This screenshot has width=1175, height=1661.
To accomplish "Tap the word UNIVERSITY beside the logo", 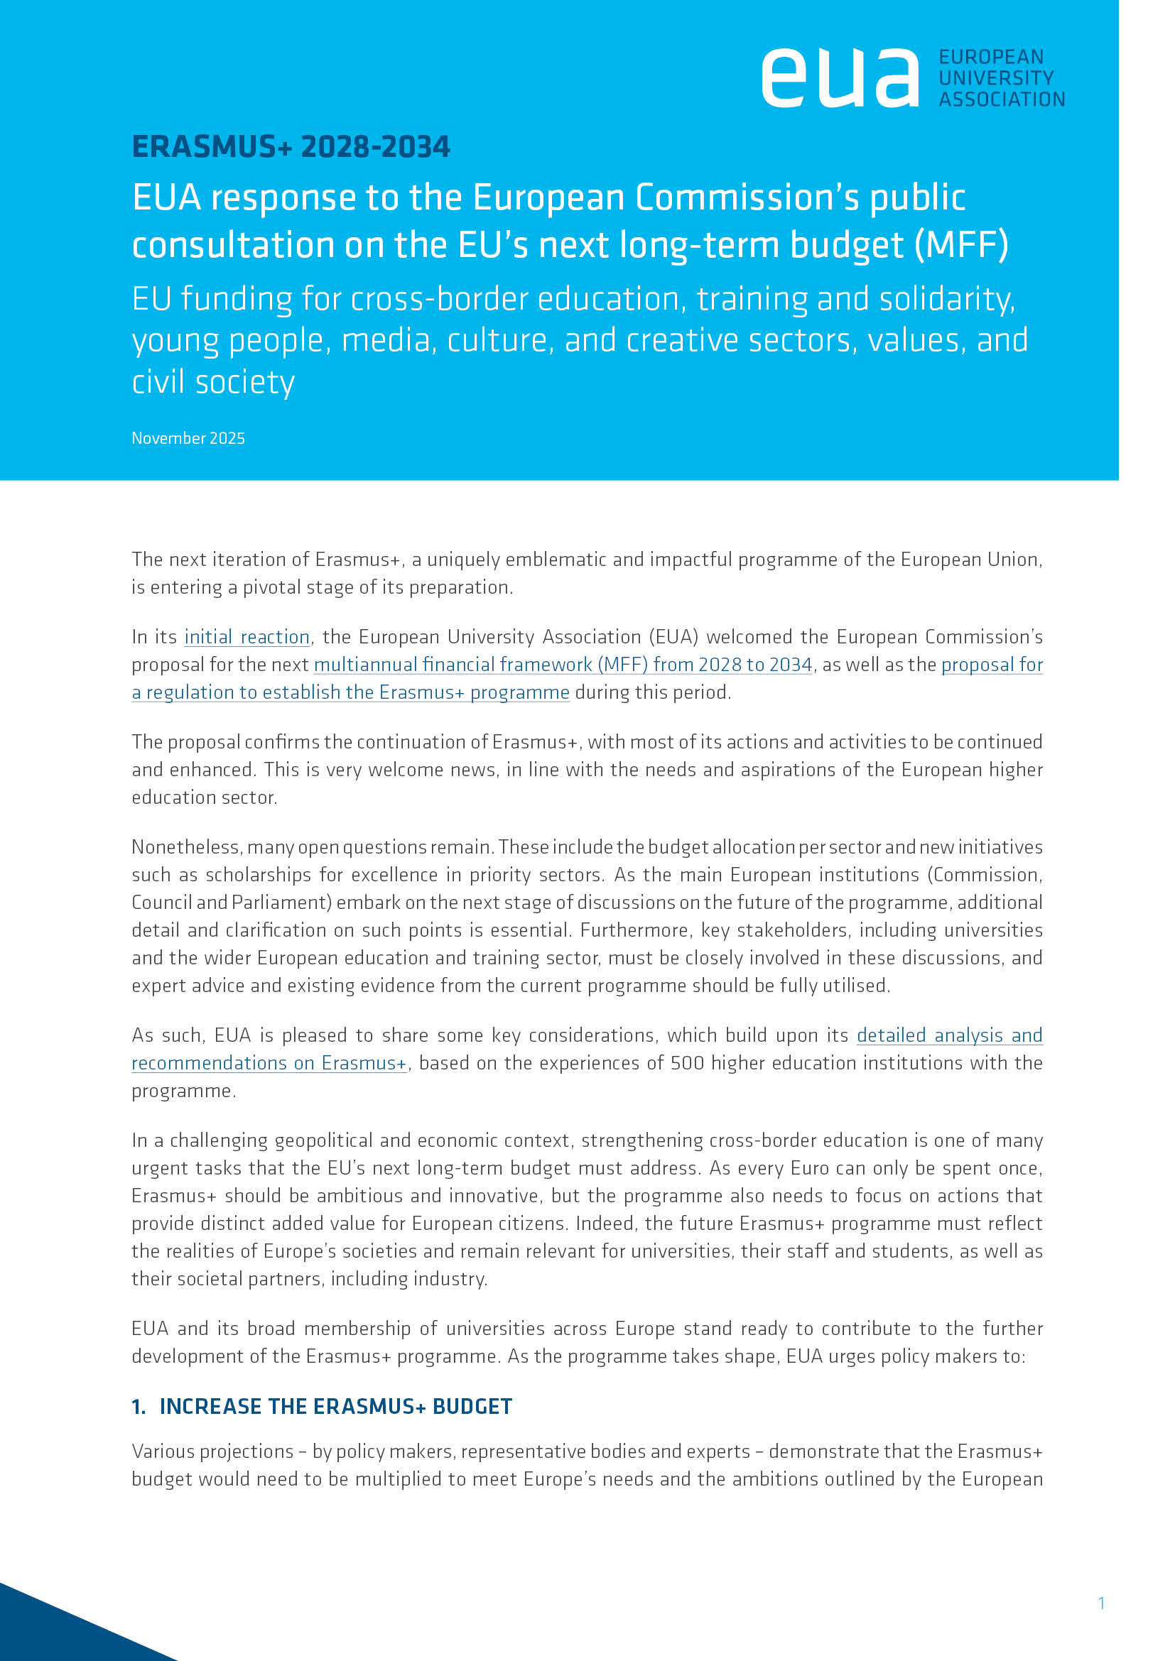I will [995, 77].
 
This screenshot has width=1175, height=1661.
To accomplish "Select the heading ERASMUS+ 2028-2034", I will [291, 147].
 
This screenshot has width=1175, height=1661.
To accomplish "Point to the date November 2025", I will [188, 438].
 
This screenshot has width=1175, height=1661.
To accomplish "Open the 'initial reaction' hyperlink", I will [247, 636].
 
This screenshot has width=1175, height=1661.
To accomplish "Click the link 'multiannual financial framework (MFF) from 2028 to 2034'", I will [563, 664].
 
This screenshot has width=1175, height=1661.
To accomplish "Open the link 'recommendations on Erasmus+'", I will [269, 1063].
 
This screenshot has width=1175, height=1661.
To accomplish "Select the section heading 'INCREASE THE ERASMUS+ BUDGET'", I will [336, 1406].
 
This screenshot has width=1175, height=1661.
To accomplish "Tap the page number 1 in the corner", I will [1101, 1603].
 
